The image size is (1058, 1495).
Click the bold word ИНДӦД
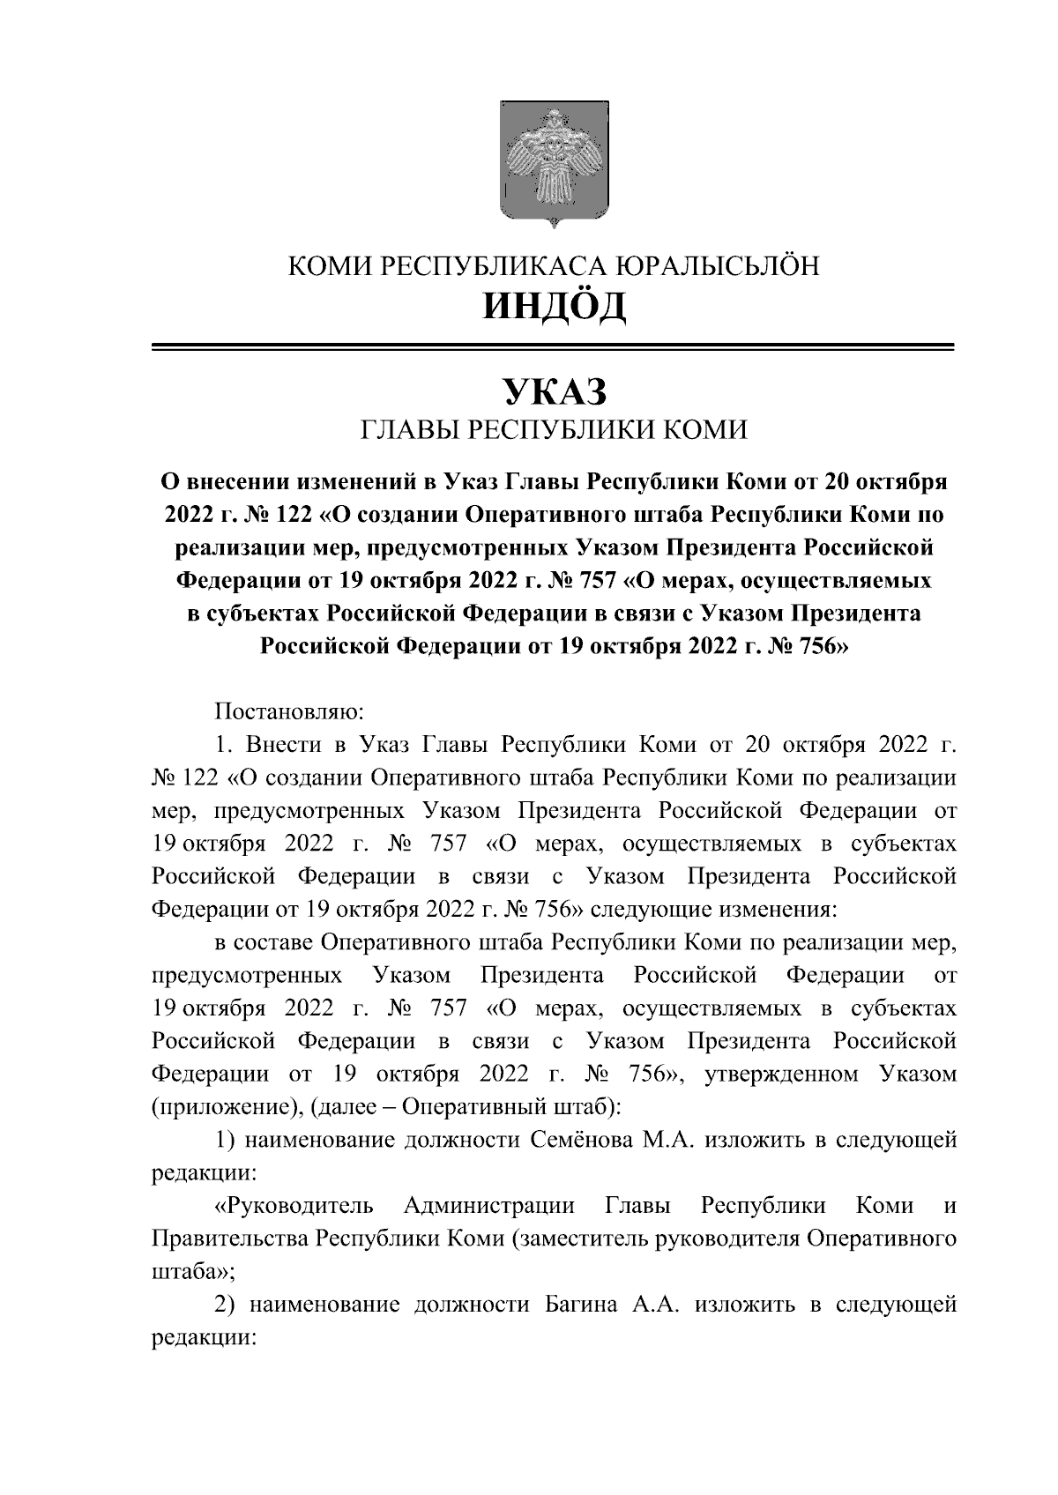pyautogui.click(x=553, y=306)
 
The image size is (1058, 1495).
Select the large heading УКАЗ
pyautogui.click(x=553, y=390)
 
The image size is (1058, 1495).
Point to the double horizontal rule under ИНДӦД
pyautogui.click(x=553, y=348)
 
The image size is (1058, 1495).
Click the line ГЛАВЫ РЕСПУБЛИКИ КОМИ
pyautogui.click(x=553, y=430)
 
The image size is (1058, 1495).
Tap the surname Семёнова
pyautogui.click(x=583, y=1141)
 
